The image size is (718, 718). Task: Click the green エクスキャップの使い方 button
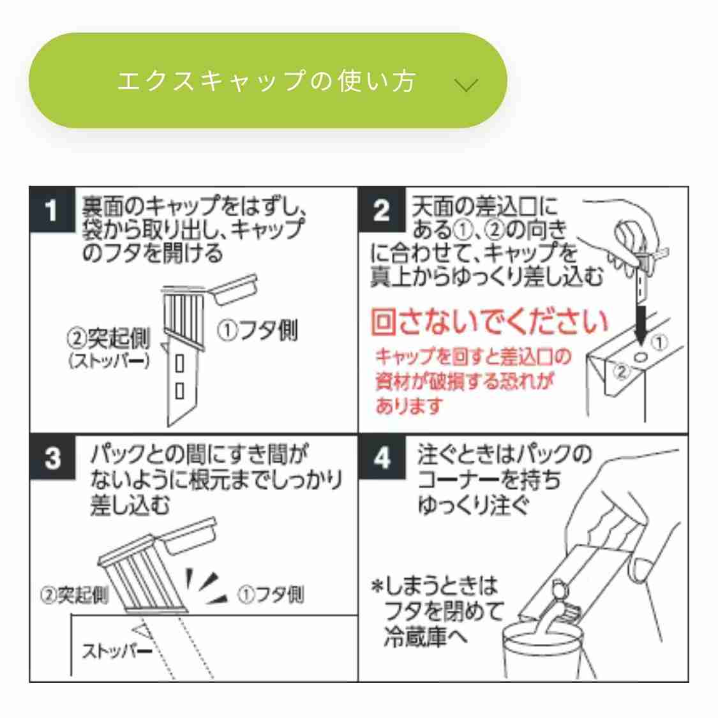tap(268, 80)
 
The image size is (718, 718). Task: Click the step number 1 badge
tap(52, 210)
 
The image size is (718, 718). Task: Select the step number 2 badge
tap(382, 210)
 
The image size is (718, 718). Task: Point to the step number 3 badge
tap(52, 458)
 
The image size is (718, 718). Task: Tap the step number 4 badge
tap(382, 458)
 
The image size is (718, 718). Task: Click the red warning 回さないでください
tap(489, 322)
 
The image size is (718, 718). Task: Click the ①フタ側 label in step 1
tap(257, 331)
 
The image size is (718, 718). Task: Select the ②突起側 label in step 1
tap(109, 338)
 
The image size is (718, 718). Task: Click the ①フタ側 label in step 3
tap(270, 594)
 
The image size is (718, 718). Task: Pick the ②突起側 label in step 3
tap(74, 595)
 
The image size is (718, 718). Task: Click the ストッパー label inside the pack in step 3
tap(116, 651)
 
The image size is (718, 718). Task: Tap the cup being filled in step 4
tap(545, 650)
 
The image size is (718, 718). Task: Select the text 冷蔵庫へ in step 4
tap(426, 637)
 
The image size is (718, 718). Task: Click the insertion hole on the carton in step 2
tap(641, 357)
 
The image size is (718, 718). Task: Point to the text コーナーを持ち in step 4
tap(489, 480)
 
